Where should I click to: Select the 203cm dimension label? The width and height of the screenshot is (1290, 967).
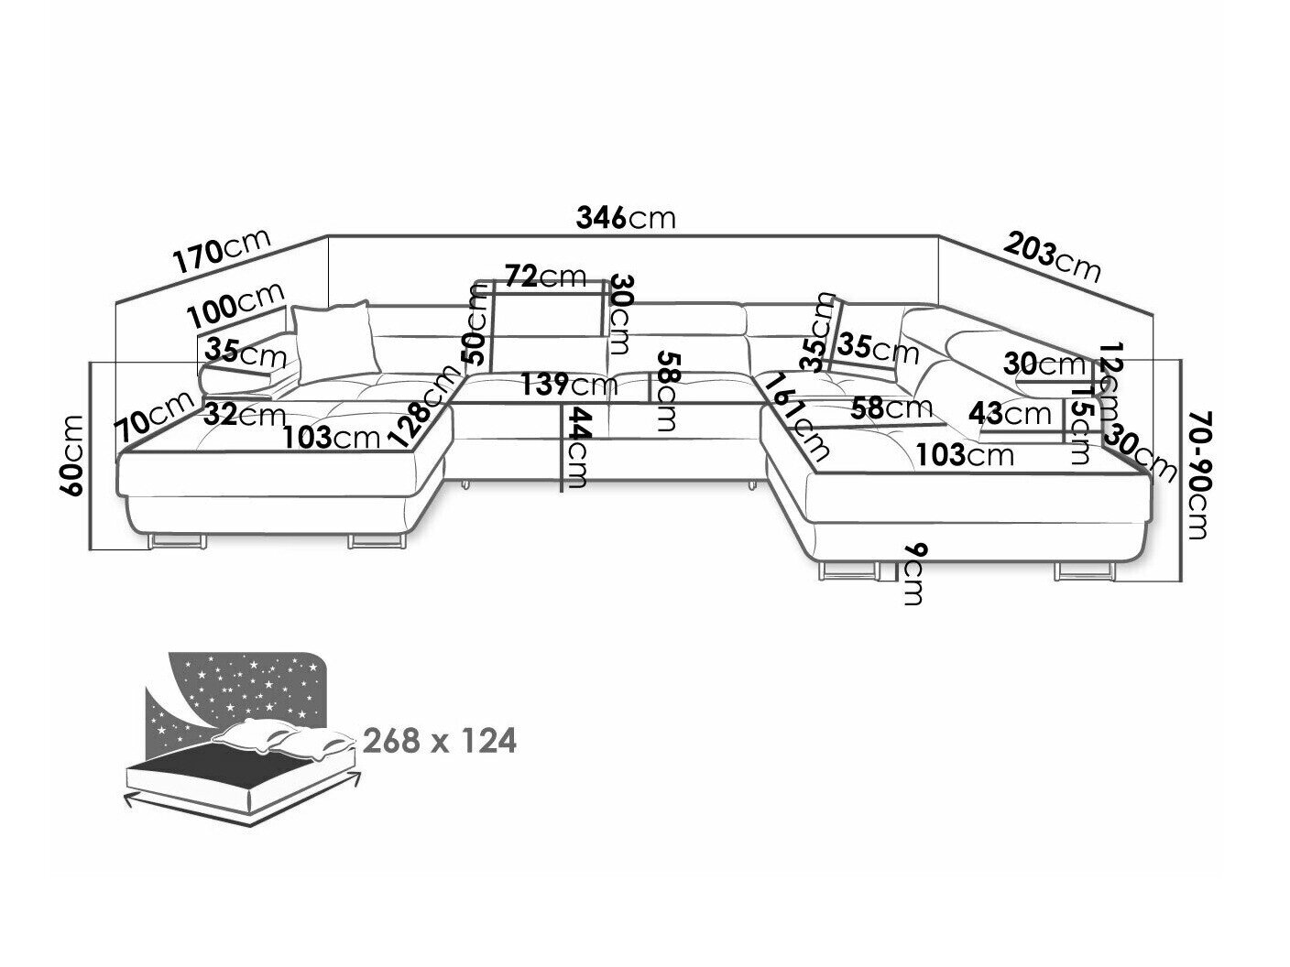click(1052, 255)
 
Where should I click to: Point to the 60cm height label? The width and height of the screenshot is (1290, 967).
click(72, 455)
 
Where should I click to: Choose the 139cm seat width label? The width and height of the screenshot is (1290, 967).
click(568, 384)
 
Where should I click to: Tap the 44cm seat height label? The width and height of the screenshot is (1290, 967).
click(575, 449)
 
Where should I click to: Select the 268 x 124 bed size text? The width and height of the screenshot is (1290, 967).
click(440, 740)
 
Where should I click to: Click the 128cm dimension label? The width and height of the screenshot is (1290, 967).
click(421, 405)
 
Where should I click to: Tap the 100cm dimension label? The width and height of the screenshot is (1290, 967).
click(236, 306)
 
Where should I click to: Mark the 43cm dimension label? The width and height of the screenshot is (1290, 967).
click(1010, 414)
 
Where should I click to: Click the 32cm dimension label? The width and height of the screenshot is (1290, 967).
click(233, 415)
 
